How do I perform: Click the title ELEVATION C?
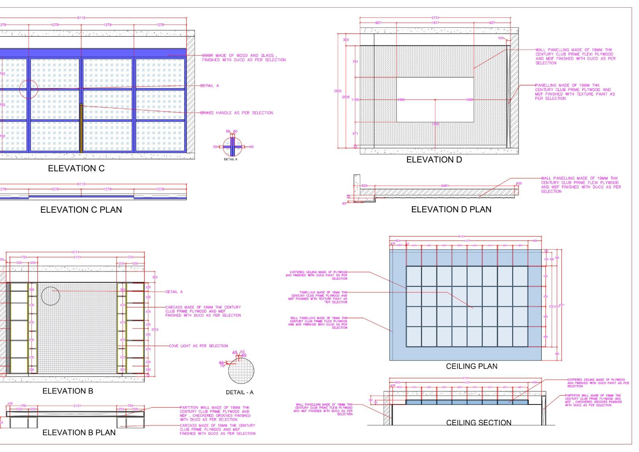[76, 168]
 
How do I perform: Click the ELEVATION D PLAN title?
[451, 209]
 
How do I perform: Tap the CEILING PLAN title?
[471, 366]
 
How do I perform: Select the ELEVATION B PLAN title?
[79, 433]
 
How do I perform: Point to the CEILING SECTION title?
[478, 423]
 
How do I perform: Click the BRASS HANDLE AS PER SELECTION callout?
[237, 113]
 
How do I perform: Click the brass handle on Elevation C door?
[81, 128]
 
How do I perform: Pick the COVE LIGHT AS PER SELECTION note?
[198, 346]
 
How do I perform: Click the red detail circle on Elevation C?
[28, 89]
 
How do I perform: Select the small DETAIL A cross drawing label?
[231, 160]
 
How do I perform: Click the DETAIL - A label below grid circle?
[240, 392]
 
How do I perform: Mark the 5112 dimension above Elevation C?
[81, 18]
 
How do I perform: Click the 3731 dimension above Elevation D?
[435, 18]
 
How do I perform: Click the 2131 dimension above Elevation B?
[77, 257]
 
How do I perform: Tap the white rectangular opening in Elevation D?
[435, 100]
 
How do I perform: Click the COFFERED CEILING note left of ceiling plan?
[316, 275]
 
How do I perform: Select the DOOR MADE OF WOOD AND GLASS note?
[244, 58]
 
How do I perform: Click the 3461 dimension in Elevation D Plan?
[445, 186]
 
